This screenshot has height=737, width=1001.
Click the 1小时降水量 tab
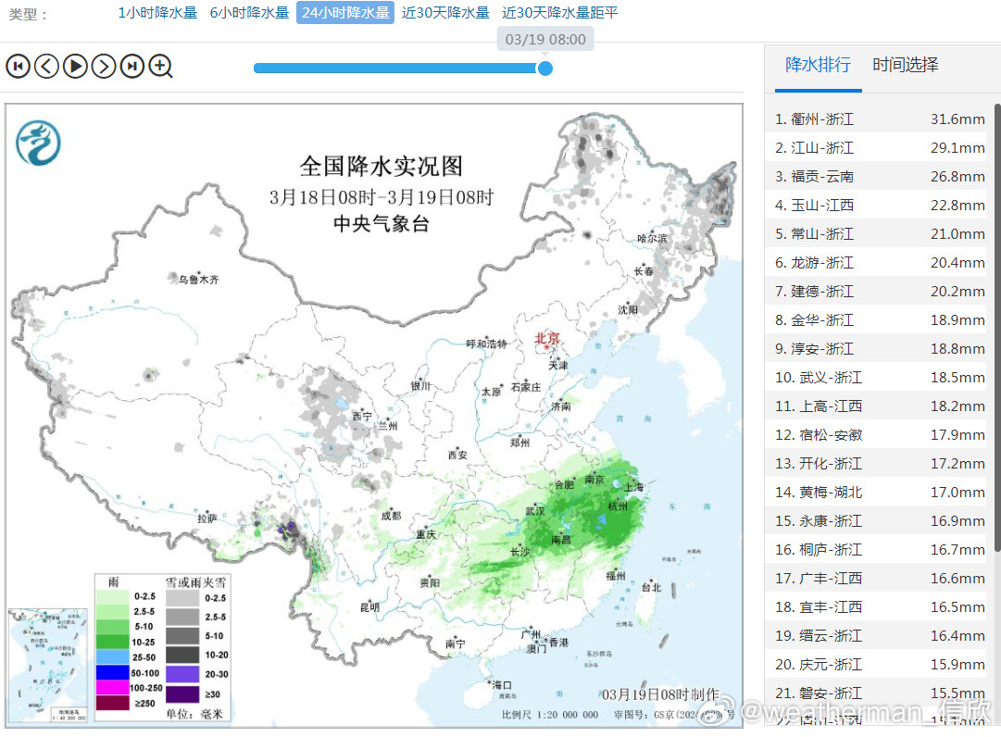coord(157,13)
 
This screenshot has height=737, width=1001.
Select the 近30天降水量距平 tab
coord(559,13)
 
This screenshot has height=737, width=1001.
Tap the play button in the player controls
coord(75,66)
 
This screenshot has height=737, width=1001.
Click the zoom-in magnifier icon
coord(161,66)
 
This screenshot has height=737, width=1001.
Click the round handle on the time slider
coord(545,68)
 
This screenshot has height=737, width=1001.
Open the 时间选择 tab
coord(906,65)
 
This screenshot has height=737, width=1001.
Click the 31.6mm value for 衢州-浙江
coord(957,119)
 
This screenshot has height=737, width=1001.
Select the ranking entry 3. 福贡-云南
coord(815,177)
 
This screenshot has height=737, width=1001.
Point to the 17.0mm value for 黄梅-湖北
coord(957,493)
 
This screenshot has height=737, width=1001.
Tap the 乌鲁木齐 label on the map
coord(199,279)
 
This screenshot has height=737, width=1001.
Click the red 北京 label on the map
coord(547,339)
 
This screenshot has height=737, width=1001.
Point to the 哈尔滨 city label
coord(651,239)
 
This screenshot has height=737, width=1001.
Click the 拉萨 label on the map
coord(206,519)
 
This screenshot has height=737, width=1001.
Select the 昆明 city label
coord(369,607)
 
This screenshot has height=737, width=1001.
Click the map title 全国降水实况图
coord(381,167)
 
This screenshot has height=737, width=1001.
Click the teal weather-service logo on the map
coord(38,143)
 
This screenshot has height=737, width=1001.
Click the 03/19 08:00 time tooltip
coord(545,40)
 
